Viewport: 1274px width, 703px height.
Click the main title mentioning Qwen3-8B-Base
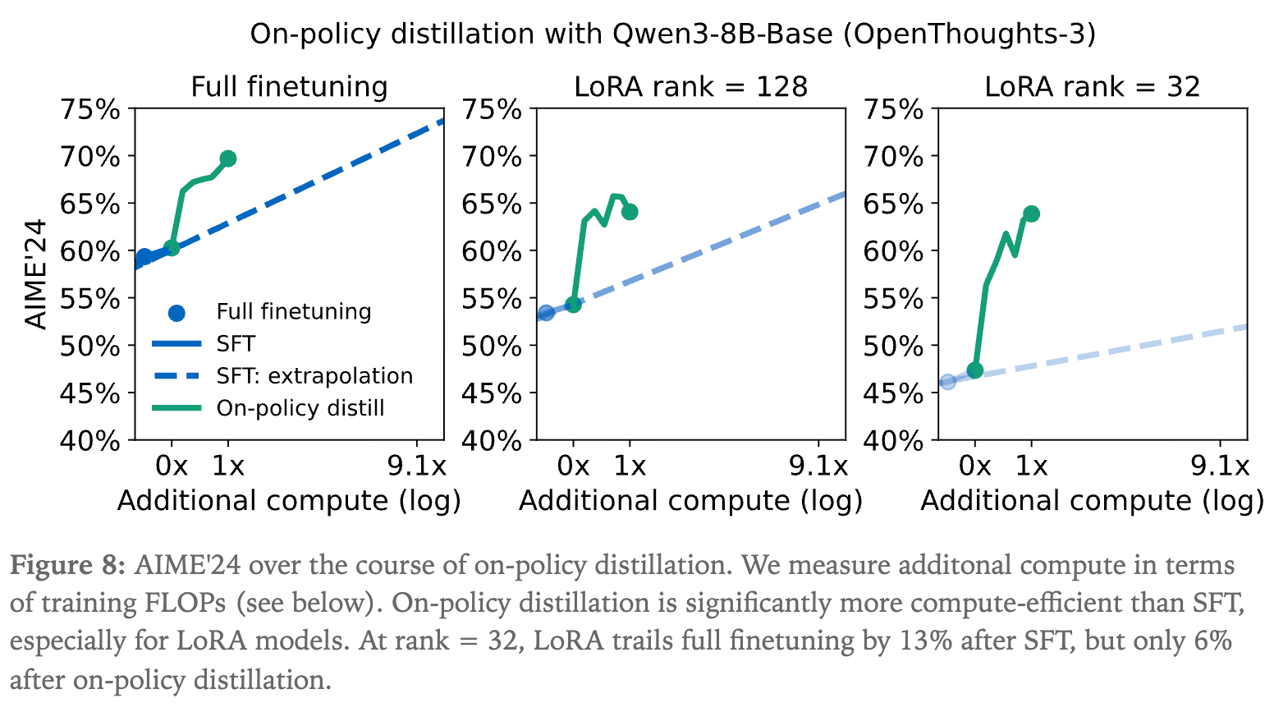[x=672, y=34]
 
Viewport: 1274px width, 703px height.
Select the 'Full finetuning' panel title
[x=289, y=86]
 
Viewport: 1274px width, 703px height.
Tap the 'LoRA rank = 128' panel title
[x=690, y=86]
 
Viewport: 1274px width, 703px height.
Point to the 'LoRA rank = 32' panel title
[x=1092, y=86]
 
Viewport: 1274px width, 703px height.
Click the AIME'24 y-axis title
[x=36, y=274]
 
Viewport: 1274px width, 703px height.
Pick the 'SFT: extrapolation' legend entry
[x=314, y=376]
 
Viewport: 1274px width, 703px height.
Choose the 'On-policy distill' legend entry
[x=300, y=408]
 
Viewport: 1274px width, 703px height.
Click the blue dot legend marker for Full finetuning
[x=176, y=312]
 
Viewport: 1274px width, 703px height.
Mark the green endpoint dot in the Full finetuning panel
[x=228, y=159]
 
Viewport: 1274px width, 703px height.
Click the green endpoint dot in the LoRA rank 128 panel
[x=630, y=212]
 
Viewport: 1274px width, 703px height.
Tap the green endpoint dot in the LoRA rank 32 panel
[x=1032, y=214]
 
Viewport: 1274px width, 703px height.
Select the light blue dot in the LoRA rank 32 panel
[x=948, y=381]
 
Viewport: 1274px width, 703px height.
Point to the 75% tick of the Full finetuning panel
[x=90, y=108]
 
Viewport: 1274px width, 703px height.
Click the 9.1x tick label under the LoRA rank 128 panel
[x=818, y=466]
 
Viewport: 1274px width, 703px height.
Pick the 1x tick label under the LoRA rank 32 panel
[x=1032, y=466]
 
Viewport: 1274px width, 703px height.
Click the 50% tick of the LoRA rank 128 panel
[x=492, y=346]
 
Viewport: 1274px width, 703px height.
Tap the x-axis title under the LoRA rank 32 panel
[x=1092, y=501]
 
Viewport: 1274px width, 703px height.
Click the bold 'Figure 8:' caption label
[x=68, y=566]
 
